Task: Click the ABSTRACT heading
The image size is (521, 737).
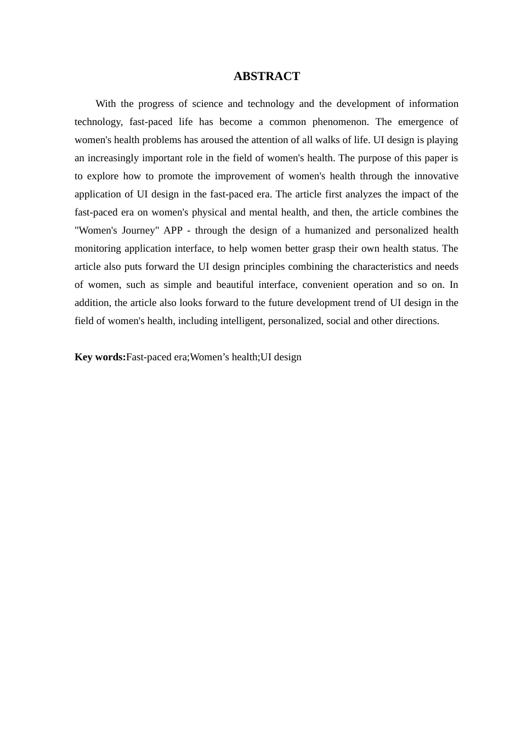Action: tap(267, 76)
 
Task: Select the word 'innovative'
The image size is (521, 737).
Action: tap(436, 176)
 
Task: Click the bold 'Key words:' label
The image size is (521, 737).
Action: tap(100, 357)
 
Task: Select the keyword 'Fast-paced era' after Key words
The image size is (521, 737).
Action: tap(157, 357)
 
